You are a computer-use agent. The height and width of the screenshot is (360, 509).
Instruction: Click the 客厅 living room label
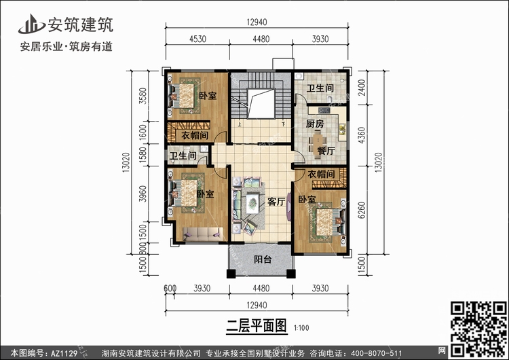pos(276,202)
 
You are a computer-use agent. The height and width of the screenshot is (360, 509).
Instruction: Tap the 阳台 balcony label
pos(263,259)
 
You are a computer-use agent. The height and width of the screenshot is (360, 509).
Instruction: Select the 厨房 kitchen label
pos(315,124)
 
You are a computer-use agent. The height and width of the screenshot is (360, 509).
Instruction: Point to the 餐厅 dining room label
pos(326,151)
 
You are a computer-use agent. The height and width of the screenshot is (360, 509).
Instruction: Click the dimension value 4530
pos(197,39)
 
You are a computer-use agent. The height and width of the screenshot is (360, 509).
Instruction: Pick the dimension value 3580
pos(143,96)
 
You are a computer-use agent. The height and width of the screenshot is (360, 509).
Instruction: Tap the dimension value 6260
pos(362,210)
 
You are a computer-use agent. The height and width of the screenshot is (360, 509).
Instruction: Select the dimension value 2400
pos(362,88)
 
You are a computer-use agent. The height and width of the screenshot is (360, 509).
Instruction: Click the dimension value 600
pos(170,288)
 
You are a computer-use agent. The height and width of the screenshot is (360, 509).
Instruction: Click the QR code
pos(479,329)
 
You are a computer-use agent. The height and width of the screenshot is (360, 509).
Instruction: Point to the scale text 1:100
pos(301,328)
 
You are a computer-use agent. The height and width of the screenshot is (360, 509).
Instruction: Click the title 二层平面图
pos(257,325)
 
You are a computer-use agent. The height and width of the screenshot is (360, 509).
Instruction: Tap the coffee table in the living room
pos(252,203)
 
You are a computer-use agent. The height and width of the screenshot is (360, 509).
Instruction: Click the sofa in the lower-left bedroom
pos(203,234)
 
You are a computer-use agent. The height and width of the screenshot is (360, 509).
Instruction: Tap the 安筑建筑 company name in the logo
pos(81,24)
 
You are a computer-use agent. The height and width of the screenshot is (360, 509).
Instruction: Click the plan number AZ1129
pos(64,353)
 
